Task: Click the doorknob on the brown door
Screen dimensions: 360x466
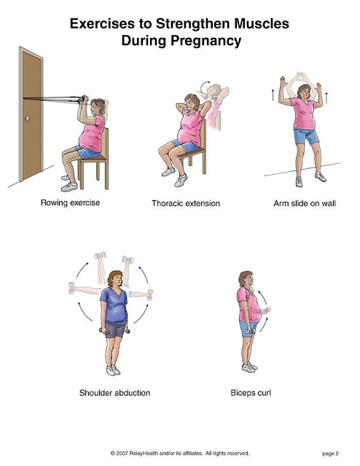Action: [28, 118]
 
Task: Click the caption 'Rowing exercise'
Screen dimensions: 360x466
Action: [70, 202]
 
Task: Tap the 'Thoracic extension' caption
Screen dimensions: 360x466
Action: [186, 203]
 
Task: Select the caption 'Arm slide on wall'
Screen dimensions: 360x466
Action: [305, 203]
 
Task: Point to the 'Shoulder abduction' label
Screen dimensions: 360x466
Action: [114, 393]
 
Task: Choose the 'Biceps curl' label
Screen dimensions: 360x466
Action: [251, 393]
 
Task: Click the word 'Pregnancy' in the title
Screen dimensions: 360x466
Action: [206, 41]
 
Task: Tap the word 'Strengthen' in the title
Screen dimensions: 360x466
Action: [194, 23]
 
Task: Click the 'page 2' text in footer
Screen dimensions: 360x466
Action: [330, 454]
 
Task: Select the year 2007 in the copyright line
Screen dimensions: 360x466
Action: [122, 453]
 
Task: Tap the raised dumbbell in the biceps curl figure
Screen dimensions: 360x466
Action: [266, 311]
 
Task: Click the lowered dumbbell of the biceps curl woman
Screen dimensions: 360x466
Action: [250, 331]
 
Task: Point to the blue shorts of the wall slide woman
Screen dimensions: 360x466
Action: [306, 136]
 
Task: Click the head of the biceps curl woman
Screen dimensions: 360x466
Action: [246, 278]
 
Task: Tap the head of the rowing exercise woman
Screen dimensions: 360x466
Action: [98, 107]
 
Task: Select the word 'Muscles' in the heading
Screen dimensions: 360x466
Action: [262, 23]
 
